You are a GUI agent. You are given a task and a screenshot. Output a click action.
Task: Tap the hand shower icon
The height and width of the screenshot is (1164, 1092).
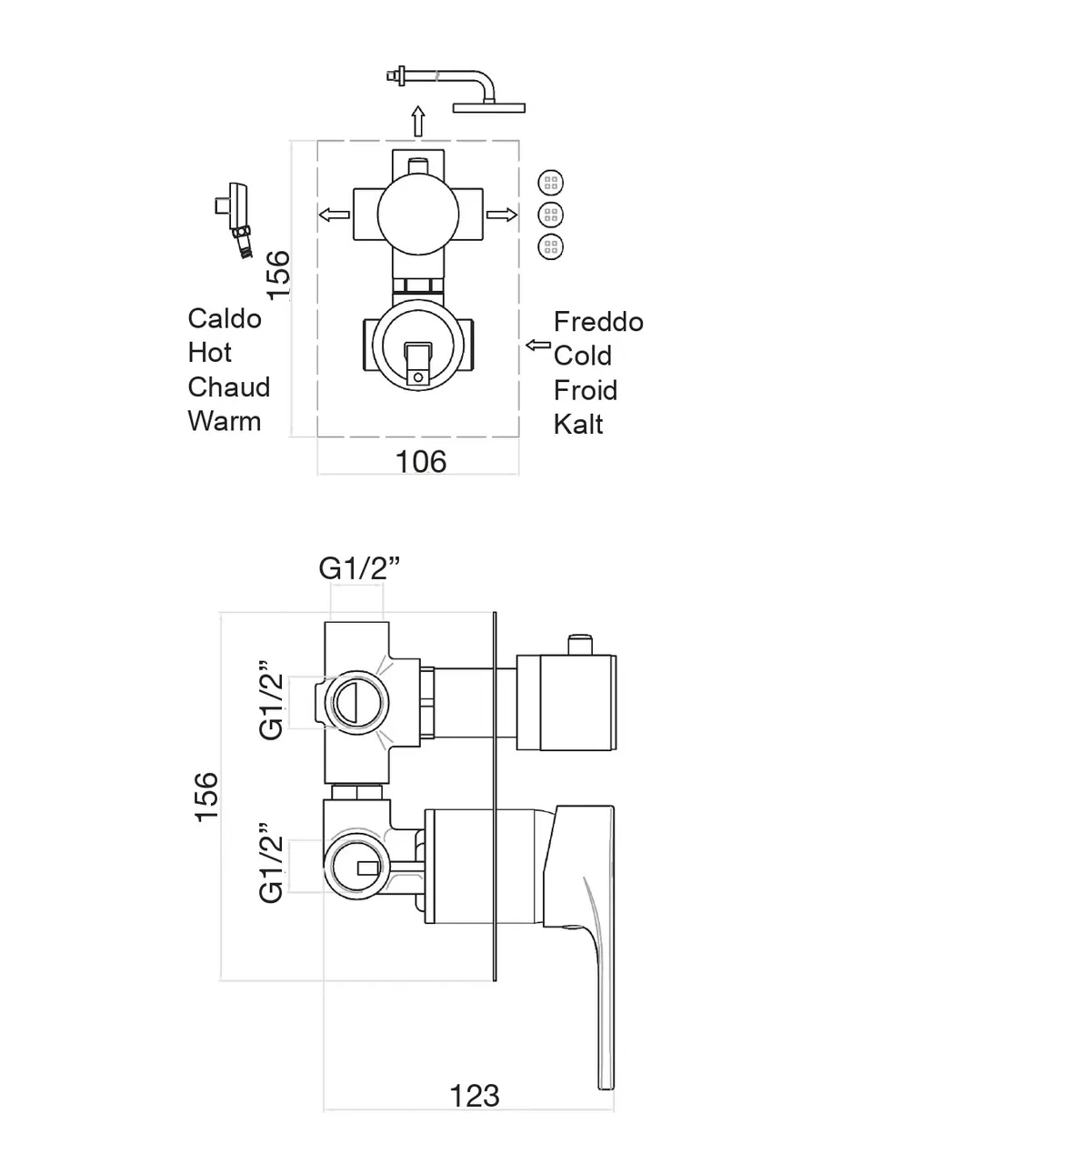(x=235, y=219)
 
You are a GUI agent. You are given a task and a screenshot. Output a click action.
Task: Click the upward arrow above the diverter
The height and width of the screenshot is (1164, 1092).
(x=417, y=121)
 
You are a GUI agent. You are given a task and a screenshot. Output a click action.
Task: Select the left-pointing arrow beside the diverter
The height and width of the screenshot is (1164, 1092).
(x=334, y=216)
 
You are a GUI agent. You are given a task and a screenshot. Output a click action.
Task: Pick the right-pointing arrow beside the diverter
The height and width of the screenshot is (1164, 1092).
(x=501, y=216)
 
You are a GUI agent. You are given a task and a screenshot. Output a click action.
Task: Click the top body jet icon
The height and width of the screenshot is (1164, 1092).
(x=550, y=183)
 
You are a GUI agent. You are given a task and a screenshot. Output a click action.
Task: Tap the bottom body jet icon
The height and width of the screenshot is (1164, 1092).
(x=550, y=246)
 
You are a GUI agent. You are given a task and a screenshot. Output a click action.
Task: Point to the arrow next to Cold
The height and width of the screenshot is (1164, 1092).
(x=538, y=346)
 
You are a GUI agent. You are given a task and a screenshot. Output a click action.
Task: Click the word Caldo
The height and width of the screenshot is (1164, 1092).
(x=225, y=318)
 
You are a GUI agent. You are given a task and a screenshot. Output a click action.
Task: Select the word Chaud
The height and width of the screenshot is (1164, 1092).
(x=228, y=387)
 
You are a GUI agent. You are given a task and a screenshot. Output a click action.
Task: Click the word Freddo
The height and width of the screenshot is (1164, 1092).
(x=598, y=322)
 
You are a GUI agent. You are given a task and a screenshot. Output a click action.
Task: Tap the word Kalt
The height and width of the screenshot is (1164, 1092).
(x=578, y=425)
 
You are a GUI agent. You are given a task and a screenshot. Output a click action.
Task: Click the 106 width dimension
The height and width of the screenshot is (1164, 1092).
(x=421, y=462)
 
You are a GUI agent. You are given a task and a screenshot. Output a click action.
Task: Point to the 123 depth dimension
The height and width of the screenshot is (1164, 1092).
(x=475, y=1096)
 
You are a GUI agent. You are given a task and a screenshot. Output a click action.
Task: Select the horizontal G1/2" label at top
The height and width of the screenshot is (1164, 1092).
(x=359, y=568)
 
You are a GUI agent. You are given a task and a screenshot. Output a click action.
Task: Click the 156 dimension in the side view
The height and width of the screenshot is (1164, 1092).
(x=207, y=796)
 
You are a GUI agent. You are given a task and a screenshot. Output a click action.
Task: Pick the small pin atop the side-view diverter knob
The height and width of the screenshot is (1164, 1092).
(x=578, y=644)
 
